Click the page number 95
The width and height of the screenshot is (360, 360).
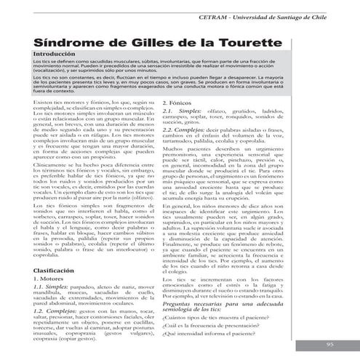pyautogui.click(x=329, y=344)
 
